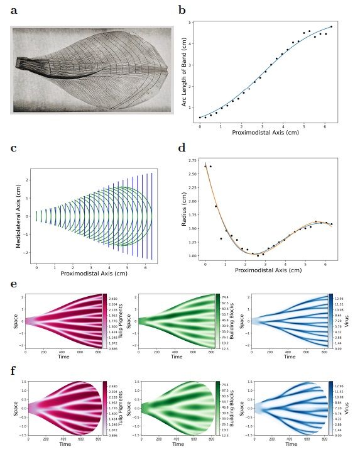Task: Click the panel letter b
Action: tap(182, 10)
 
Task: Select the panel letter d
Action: tap(182, 148)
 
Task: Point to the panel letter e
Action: tap(14, 284)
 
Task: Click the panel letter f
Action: tap(14, 370)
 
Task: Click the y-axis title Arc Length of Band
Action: tap(185, 71)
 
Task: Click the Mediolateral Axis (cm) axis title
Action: tap(19, 212)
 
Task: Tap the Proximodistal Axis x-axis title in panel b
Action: tap(265, 133)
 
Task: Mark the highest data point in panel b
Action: tap(331, 27)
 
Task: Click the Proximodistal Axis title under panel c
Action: tap(94, 274)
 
